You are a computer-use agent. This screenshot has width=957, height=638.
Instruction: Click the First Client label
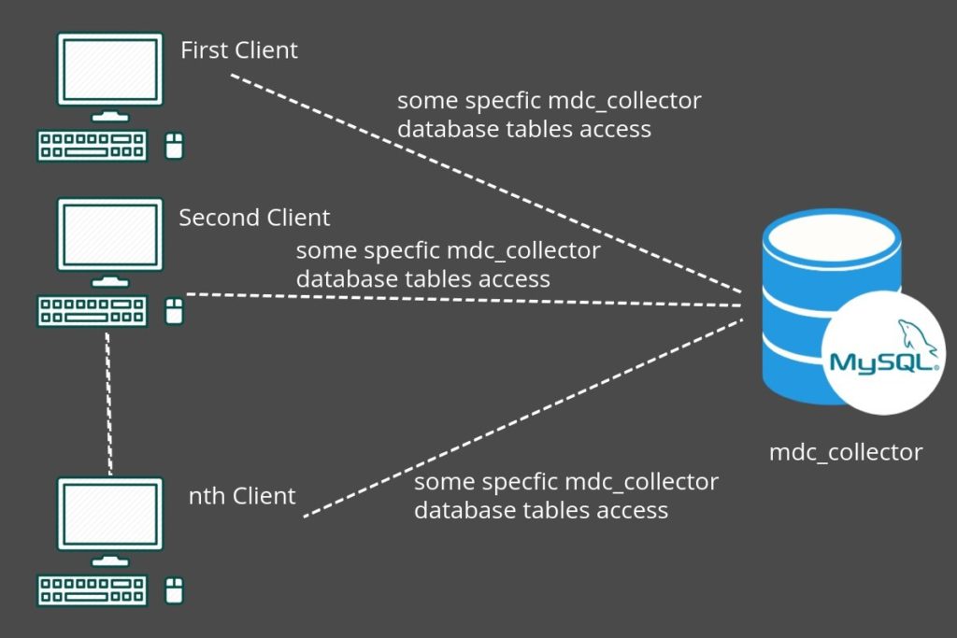click(239, 50)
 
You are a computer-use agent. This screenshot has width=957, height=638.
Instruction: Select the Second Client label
click(254, 219)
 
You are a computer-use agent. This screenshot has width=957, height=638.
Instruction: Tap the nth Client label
click(242, 496)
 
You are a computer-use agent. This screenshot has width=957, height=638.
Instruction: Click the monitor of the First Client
click(109, 71)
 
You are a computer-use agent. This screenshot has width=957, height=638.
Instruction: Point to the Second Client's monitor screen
click(109, 237)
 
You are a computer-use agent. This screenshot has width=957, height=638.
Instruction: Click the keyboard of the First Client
click(92, 145)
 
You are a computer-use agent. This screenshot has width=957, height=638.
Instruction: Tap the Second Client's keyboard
click(92, 311)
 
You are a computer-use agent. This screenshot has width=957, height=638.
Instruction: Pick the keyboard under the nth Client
click(92, 589)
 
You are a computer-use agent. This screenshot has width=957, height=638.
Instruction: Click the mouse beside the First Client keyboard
click(174, 145)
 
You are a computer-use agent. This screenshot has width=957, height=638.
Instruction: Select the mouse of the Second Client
click(174, 310)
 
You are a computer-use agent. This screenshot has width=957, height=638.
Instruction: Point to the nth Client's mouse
click(174, 589)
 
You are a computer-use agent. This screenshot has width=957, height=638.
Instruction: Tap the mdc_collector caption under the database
click(845, 453)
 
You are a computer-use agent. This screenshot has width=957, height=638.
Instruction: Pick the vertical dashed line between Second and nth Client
click(109, 402)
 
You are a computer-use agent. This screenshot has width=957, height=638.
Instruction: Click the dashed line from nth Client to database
click(523, 420)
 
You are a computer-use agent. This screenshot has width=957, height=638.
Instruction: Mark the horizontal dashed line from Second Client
click(467, 299)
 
